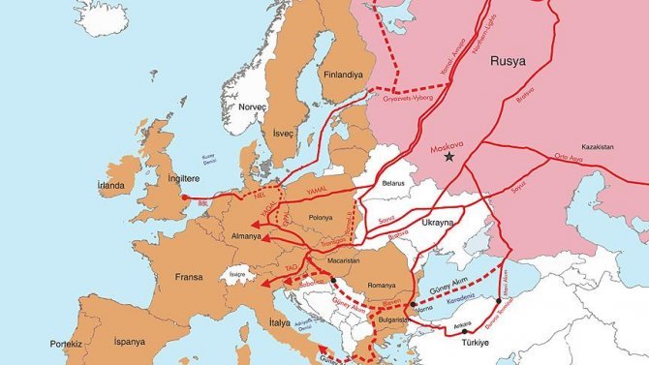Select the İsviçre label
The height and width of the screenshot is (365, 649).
(x=234, y=275)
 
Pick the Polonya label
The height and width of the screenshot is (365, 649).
(x=320, y=218)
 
